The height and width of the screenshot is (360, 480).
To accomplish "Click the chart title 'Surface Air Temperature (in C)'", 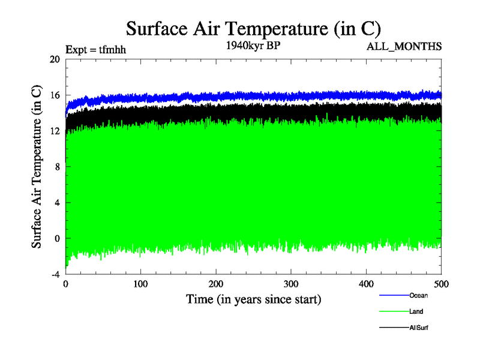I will point(253,28).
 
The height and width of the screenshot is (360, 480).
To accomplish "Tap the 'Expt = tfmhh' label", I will point(95,50).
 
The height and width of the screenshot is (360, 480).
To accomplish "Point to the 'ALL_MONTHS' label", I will point(409,46).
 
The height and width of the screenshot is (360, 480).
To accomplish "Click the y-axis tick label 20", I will point(55,59).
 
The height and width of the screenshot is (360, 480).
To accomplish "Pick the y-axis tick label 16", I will point(55,95).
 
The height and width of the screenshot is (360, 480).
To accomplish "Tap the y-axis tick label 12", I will point(55,131).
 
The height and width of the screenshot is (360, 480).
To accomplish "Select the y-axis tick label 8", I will point(57,167).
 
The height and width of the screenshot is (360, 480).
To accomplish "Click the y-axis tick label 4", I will point(57,202).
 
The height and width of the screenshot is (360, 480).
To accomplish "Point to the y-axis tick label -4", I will point(55,274).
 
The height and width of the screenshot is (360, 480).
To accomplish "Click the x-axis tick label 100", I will point(141,284).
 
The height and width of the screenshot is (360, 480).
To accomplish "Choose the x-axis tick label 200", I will point(216,284).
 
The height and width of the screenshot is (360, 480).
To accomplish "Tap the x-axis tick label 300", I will point(291,284).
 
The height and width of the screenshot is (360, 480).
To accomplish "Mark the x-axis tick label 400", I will point(366,284).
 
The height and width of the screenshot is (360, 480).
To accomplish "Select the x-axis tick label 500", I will point(441,284).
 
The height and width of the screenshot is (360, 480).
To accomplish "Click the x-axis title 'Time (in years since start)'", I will point(253,298).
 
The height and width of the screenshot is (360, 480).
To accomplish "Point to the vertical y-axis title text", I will point(37,167).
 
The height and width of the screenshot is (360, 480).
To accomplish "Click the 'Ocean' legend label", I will point(418,295).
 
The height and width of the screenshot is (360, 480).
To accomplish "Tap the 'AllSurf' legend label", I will point(419,328).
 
